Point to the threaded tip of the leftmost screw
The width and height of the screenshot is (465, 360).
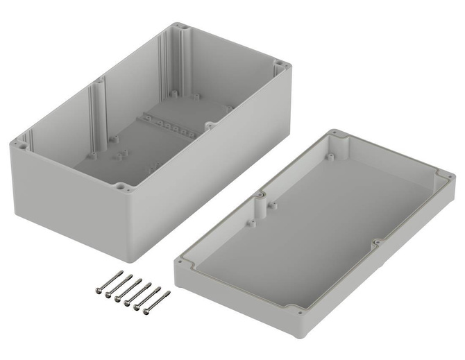(121, 271)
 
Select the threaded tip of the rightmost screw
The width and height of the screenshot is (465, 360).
(168, 293)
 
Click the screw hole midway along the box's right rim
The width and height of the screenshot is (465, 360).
(208, 125)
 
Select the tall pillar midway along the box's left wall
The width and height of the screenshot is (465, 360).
(97, 111)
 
